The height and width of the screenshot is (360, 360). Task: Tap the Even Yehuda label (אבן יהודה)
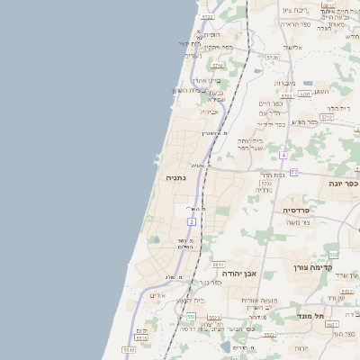click(238, 273)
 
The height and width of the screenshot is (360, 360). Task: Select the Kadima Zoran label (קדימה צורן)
click(312, 267)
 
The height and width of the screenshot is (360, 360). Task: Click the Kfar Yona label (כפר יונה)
click(342, 183)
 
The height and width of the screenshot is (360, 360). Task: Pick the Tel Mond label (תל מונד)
click(310, 316)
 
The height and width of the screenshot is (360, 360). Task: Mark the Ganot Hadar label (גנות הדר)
click(273, 174)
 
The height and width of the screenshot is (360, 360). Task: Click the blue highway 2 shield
click(191, 220)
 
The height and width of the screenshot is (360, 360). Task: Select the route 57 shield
click(293, 171)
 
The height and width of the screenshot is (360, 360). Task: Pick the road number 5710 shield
click(217, 66)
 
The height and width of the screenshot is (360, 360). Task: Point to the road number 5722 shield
click(207, 16)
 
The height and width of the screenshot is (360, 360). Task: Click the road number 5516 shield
click(129, 349)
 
